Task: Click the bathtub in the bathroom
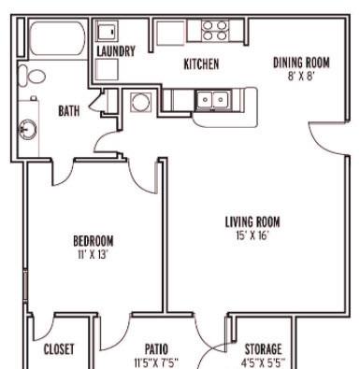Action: coord(58,38)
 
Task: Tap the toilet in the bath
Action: coord(32,76)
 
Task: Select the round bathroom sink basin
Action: coord(28,129)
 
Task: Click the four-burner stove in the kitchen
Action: coord(215,31)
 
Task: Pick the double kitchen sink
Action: coord(213,100)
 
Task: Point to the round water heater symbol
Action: coord(140,102)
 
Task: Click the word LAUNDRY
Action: coord(116,51)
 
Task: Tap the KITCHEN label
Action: coord(201,64)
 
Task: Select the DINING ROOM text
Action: coord(301,63)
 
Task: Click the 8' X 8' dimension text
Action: coord(300,77)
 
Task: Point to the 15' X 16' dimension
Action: coord(252,235)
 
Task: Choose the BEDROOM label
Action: coord(94,241)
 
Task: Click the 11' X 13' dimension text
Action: coord(93,255)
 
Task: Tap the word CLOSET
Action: coord(59,349)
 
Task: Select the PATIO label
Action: coord(156,349)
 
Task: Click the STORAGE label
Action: coord(263,349)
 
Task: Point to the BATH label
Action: coord(69,111)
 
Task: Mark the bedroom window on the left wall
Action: coord(25,287)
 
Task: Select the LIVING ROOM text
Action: coord(252,222)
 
